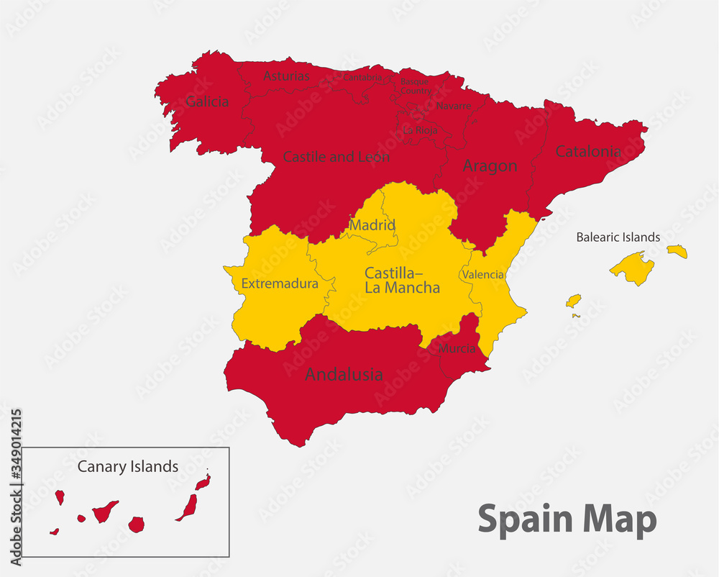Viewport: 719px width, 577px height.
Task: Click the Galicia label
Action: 207,101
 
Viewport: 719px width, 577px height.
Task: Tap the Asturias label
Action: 286,76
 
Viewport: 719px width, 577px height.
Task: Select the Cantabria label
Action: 362,76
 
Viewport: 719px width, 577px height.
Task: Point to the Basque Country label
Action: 416,86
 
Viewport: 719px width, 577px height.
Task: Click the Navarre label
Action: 454,106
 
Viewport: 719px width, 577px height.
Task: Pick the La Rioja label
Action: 420,130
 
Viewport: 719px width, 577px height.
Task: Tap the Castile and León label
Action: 336,156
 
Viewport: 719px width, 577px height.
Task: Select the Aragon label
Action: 490,166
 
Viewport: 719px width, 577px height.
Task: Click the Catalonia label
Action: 588,152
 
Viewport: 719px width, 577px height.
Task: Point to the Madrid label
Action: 373,225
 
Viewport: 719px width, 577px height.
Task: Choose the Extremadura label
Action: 280,283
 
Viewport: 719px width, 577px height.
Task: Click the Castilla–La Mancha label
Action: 402,281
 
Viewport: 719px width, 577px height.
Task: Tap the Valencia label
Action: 483,275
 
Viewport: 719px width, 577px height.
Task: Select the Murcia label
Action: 457,348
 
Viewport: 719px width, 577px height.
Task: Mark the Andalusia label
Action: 344,374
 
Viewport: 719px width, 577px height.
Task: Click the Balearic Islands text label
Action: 618,237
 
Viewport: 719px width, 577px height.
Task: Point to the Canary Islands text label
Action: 128,466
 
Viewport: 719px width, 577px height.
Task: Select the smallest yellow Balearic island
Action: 575,316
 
